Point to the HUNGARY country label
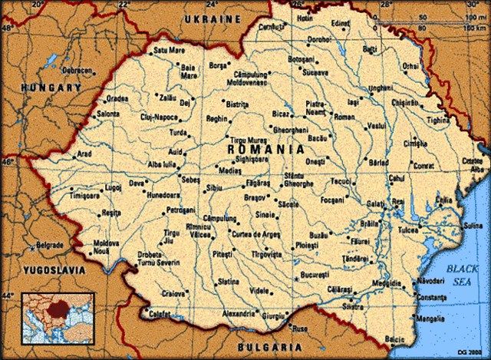point(51,88)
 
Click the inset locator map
point(58,316)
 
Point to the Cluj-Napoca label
point(158,117)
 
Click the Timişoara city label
point(84,196)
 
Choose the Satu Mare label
point(170,51)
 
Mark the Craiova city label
point(175,293)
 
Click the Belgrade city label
point(49,246)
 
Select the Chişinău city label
point(406,102)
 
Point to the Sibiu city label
point(214,187)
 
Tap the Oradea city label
point(117,98)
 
